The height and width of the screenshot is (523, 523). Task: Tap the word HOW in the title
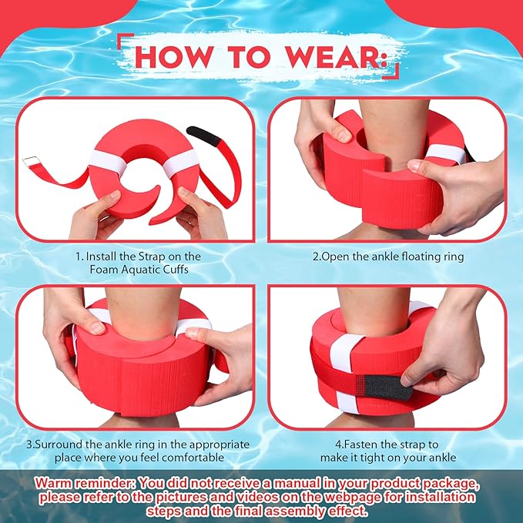[x=173, y=57]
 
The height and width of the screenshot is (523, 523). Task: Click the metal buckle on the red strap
[x=30, y=162]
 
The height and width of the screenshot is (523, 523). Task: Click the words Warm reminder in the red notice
[x=86, y=483]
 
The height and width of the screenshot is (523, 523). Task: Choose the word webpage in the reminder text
[x=354, y=498]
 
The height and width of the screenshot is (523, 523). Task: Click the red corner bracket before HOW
[x=126, y=41]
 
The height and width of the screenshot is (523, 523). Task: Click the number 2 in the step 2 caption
[x=316, y=256]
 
